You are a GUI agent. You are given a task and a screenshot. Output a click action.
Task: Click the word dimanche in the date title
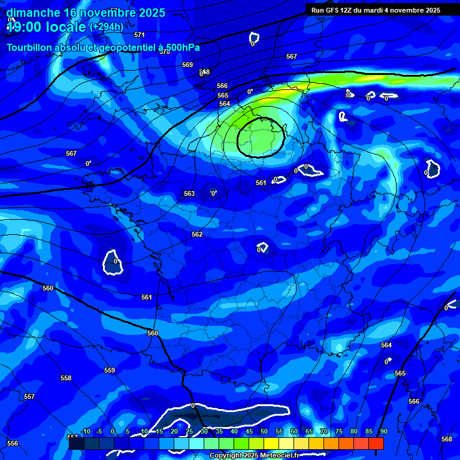pyautogui.click(x=33, y=13)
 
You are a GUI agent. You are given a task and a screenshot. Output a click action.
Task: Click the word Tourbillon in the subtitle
pyautogui.click(x=30, y=47)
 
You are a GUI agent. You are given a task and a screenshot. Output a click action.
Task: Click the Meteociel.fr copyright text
pyautogui.click(x=264, y=456)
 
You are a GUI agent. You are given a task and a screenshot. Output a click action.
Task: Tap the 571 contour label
pyautogui.click(x=140, y=35)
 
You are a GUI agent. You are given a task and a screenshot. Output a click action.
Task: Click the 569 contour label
pyautogui.click(x=187, y=65)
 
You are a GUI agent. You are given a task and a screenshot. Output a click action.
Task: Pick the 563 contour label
pyautogui.click(x=189, y=193)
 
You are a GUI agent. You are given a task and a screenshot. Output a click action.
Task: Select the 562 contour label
pyautogui.click(x=197, y=234)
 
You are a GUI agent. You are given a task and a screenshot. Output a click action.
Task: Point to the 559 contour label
pyautogui.click(x=110, y=370)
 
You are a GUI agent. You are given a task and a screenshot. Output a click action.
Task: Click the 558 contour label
pyautogui.click(x=66, y=378)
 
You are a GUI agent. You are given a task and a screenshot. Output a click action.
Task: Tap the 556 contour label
pyautogui.click(x=13, y=443)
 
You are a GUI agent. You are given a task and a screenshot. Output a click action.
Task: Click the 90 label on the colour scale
pyautogui.click(x=383, y=432)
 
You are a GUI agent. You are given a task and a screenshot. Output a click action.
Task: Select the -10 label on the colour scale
pyautogui.click(x=85, y=432)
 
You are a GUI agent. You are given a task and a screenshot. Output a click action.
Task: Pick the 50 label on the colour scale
pyautogui.click(x=264, y=432)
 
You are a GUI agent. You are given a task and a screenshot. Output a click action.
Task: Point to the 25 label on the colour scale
pyautogui.click(x=189, y=432)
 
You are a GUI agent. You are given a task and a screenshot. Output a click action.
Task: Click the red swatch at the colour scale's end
pyautogui.click(x=376, y=443)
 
